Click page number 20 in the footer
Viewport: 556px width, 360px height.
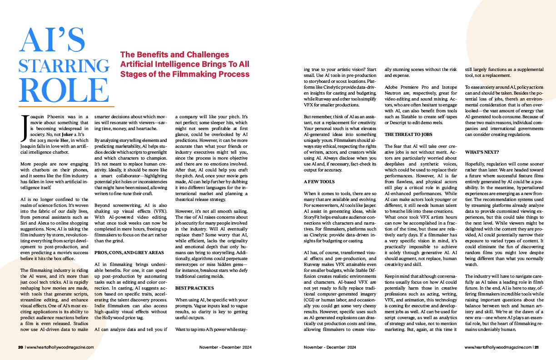tap(20, 347)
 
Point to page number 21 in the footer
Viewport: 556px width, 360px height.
tap(536, 347)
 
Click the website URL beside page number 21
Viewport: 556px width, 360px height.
tap(498, 347)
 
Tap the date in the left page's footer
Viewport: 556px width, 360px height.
tap(225, 347)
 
